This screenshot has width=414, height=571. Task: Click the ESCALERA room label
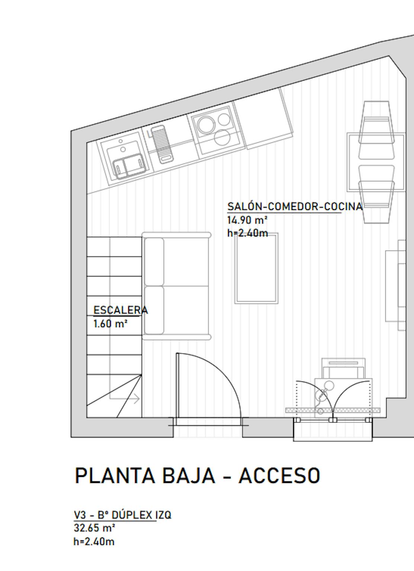(121, 310)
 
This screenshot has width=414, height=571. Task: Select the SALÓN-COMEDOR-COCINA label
(295, 206)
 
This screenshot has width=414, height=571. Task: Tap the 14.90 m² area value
(247, 220)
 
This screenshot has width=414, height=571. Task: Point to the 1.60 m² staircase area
(110, 324)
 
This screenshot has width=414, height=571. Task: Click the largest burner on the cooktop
(206, 125)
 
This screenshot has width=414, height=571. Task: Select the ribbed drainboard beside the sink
(162, 144)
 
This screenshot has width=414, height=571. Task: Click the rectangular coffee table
(256, 268)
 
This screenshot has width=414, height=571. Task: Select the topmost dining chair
(377, 122)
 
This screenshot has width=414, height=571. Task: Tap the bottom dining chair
(376, 202)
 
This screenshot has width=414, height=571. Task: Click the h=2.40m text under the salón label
(247, 233)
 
